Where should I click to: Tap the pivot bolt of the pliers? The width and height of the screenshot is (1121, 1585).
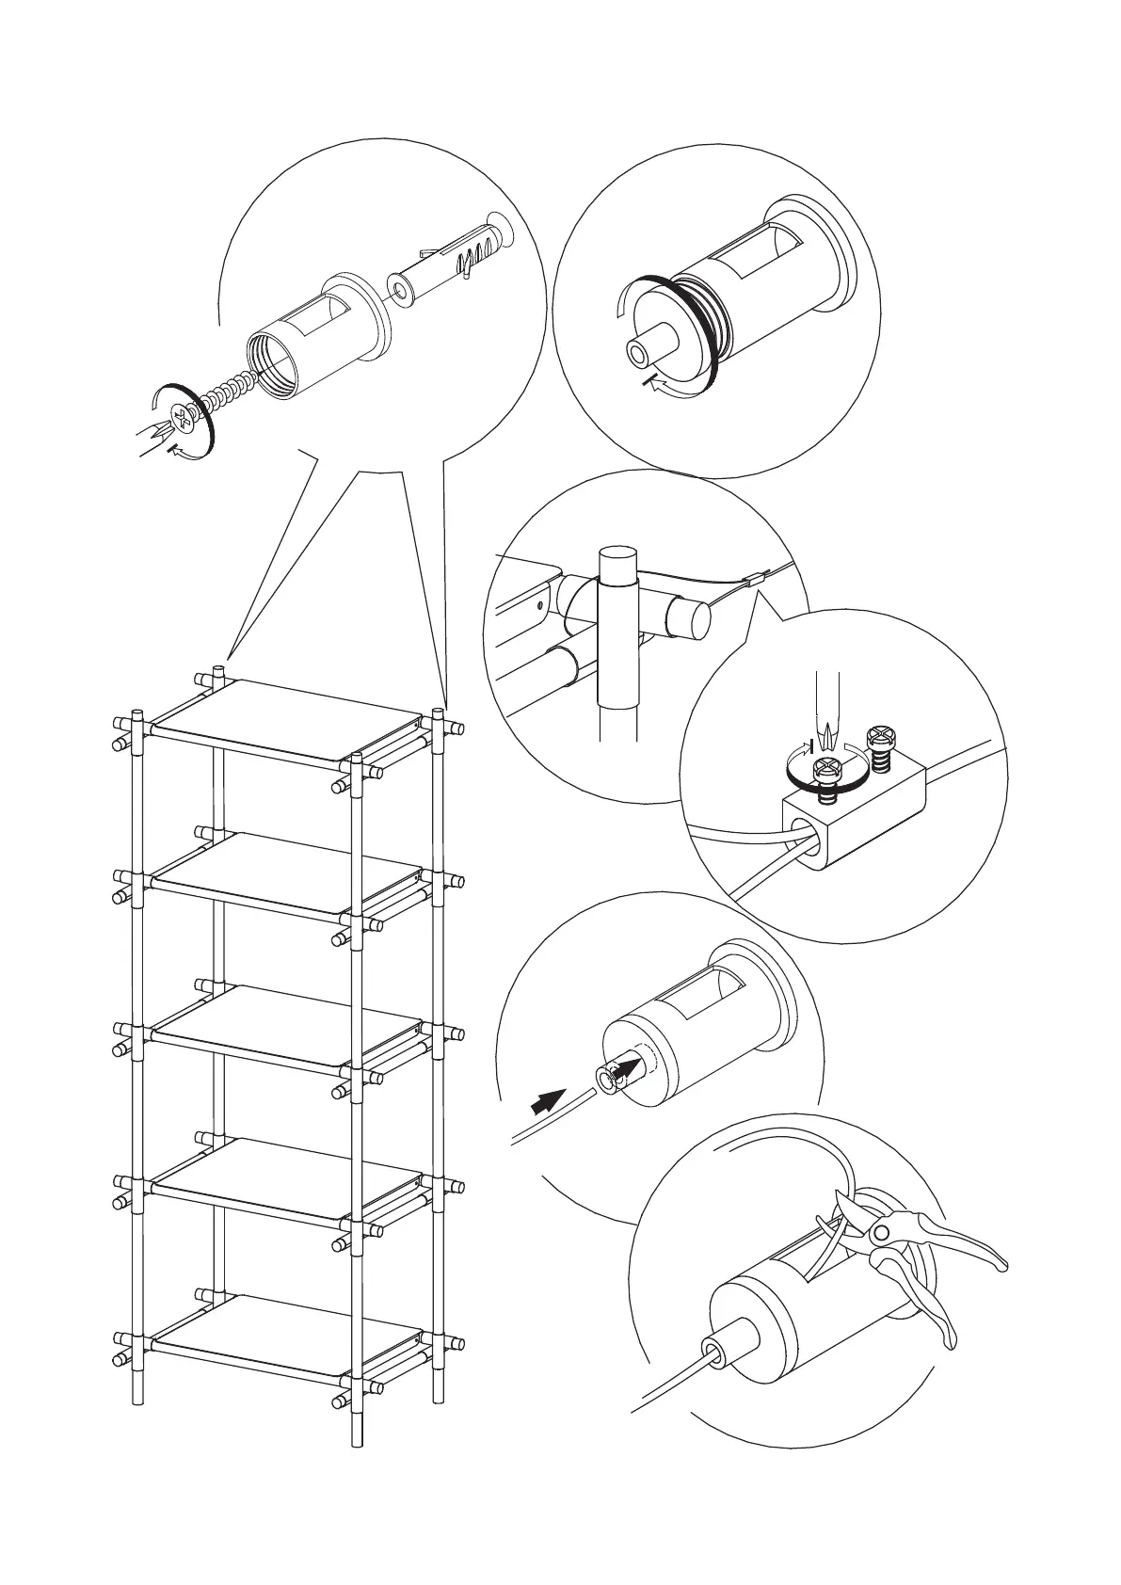[x=881, y=1232]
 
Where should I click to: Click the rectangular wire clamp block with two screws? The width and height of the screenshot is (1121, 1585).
[x=852, y=809]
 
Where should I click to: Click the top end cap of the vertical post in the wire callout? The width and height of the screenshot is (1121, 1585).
[x=617, y=563]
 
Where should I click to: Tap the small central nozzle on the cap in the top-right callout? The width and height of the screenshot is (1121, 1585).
[x=644, y=348]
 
